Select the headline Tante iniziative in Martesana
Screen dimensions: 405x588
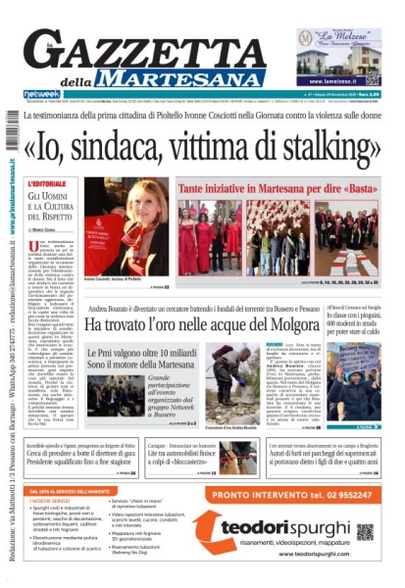pyautogui.click(x=274, y=186)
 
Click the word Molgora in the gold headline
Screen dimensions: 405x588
pyautogui.click(x=332, y=322)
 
